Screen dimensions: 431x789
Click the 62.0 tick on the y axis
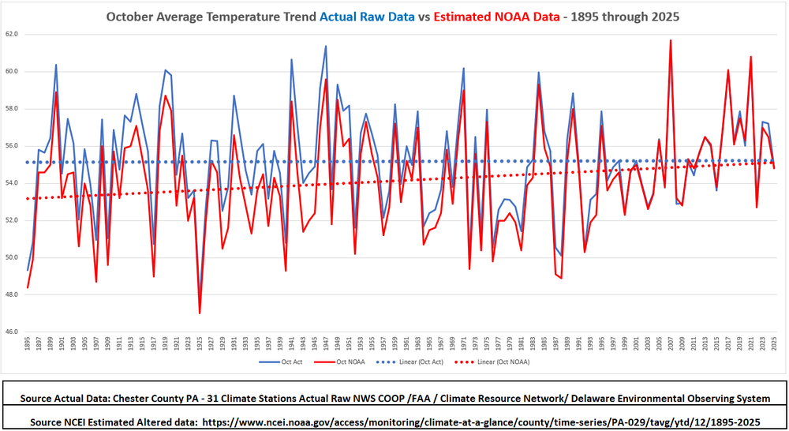[x=11, y=34]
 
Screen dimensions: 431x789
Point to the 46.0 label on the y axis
[x=11, y=332]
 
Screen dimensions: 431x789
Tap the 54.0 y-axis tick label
[x=11, y=183]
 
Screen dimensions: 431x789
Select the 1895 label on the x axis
[x=28, y=345]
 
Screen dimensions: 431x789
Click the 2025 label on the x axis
[x=775, y=345]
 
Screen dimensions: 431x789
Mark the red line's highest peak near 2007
[x=671, y=40]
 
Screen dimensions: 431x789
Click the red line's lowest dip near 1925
[x=200, y=313]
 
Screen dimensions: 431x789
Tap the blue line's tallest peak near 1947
[x=326, y=46]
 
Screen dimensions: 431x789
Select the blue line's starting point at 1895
[x=28, y=270]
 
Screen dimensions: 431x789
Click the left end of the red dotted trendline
[x=28, y=199]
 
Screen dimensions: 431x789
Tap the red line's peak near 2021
[x=751, y=57]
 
